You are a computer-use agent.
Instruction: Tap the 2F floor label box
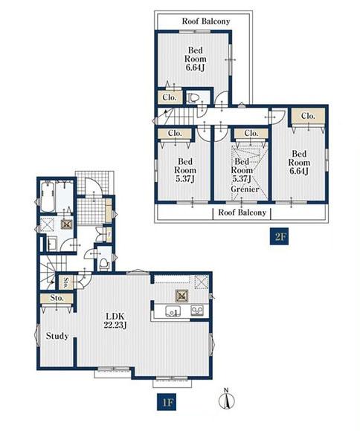point(279,236)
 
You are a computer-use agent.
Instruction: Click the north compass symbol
point(227,399)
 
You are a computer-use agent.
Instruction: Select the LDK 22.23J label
point(115,320)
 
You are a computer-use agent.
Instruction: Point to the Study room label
point(57,336)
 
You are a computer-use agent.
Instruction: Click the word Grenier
point(245,189)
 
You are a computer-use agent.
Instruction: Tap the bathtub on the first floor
point(48,196)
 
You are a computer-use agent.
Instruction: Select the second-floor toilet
point(193,98)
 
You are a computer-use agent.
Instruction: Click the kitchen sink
point(173,311)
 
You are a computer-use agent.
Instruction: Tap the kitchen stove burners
point(197,311)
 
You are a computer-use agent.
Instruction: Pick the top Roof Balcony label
point(206,21)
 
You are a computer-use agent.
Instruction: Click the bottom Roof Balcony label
point(242,213)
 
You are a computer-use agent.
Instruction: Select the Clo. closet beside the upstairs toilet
point(170,97)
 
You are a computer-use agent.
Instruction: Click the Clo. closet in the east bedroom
point(308,116)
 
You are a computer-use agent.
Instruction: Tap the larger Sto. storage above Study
point(57,298)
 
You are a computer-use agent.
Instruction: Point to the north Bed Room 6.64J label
point(196,59)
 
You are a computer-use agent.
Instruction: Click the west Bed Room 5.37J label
point(185,170)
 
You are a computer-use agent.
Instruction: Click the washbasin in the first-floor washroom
point(52,244)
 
